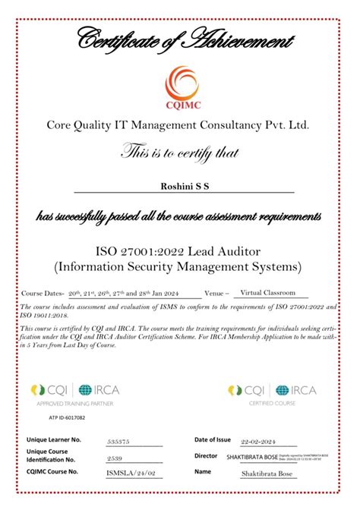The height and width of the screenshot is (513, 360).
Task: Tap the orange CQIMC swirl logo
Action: coord(181,83)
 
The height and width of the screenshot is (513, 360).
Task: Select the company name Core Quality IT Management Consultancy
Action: coord(179,124)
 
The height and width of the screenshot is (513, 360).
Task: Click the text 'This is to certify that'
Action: coord(180,153)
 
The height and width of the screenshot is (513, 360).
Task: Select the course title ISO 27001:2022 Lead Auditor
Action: coord(179,251)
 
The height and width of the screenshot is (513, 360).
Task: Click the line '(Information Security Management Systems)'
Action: coord(179,267)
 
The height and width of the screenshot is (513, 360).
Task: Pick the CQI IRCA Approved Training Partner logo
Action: coord(74,395)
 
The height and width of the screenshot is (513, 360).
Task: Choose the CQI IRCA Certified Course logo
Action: coord(272,395)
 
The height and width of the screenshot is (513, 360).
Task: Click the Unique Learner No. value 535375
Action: coord(119,440)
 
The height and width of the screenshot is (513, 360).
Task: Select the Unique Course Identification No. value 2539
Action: coord(114,458)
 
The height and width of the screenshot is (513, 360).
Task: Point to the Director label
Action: coord(206,456)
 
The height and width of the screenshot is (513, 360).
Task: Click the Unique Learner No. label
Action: coord(54,440)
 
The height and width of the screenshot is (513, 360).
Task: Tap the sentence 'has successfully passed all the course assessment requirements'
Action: coord(179,218)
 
